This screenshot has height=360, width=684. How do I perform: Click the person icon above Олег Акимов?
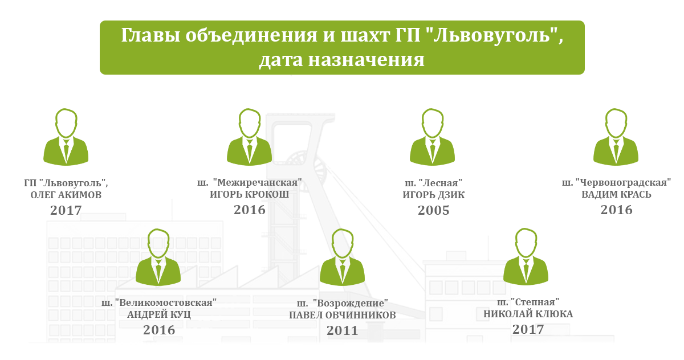pyautogui.click(x=66, y=137)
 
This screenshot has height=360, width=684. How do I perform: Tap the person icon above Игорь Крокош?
pyautogui.click(x=250, y=137)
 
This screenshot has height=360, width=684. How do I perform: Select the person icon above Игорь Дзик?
pyautogui.click(x=433, y=137)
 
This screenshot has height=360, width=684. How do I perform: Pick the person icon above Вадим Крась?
pyautogui.click(x=616, y=137)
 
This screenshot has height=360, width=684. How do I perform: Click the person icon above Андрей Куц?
pyautogui.click(x=158, y=257)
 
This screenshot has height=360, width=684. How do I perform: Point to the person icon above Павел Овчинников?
pyautogui.click(x=343, y=257)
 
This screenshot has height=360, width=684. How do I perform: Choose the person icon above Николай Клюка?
pyautogui.click(x=526, y=256)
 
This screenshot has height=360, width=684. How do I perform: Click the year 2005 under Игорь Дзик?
pyautogui.click(x=434, y=211)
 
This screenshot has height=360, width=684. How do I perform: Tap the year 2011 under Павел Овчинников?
pyautogui.click(x=343, y=331)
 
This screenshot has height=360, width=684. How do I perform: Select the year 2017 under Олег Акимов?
pyautogui.click(x=66, y=211)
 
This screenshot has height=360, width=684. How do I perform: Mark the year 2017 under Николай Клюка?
pyautogui.click(x=528, y=329)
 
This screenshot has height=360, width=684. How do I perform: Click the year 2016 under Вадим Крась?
pyautogui.click(x=617, y=210)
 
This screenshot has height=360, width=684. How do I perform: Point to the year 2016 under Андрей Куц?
pyautogui.click(x=159, y=330)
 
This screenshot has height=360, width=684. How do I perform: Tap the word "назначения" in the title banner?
pyautogui.click(x=366, y=60)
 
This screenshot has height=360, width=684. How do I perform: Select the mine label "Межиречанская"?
pyautogui.click(x=257, y=182)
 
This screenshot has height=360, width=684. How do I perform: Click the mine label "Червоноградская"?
pyautogui.click(x=623, y=182)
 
